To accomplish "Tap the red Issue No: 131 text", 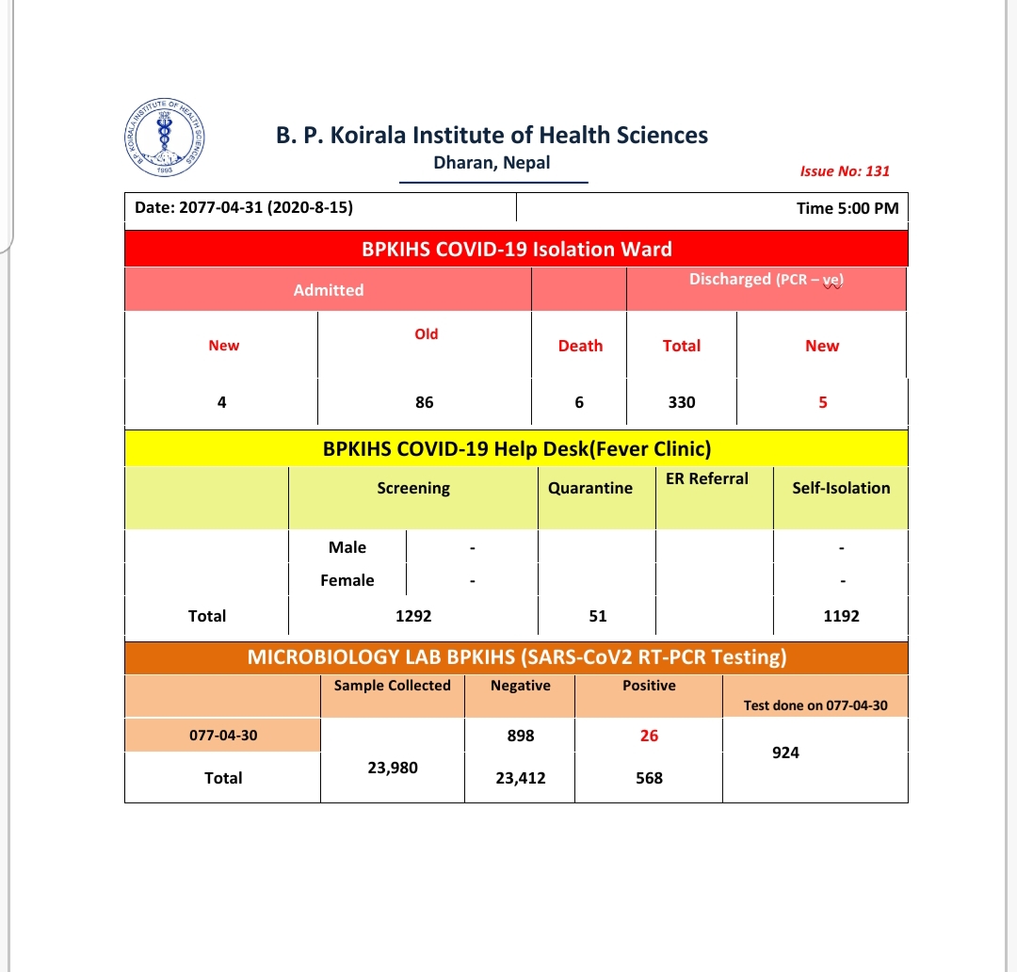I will click(x=845, y=170).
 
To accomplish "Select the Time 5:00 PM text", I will click(x=847, y=208).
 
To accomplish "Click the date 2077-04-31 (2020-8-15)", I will click(x=244, y=207).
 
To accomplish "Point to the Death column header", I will click(x=580, y=346).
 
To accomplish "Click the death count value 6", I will click(x=579, y=402).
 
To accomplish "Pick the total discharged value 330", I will click(x=682, y=402).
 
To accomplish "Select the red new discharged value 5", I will click(x=822, y=402).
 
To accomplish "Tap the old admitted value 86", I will click(x=425, y=402).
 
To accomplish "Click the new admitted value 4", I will click(x=221, y=402).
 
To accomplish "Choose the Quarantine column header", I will click(x=590, y=488).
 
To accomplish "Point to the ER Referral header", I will click(x=707, y=478).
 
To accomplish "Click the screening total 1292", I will click(x=413, y=616).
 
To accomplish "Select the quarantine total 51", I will click(x=598, y=616).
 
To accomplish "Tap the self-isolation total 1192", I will click(x=840, y=616).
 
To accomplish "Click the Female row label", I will click(x=347, y=580).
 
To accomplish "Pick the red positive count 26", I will click(x=649, y=736).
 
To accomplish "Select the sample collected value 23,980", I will click(x=393, y=768).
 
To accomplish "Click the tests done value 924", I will click(x=785, y=753).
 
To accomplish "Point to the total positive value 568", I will click(x=649, y=778).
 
